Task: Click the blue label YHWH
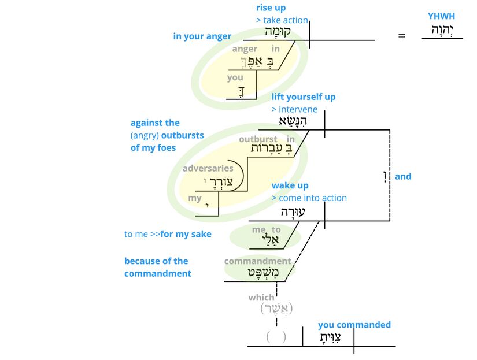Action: [x=441, y=16]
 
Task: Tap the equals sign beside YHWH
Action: [x=402, y=36]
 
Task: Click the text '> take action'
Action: [x=282, y=20]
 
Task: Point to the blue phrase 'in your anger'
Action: [x=202, y=36]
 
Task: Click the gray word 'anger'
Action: [x=245, y=49]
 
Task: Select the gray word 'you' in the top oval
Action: [x=235, y=77]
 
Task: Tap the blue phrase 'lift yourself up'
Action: [x=304, y=97]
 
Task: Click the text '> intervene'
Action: [x=294, y=109]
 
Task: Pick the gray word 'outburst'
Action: [x=258, y=139]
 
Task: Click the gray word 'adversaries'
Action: [x=208, y=169]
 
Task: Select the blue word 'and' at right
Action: [x=403, y=176]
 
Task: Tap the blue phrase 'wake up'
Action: [x=290, y=185]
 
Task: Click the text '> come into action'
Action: [x=309, y=198]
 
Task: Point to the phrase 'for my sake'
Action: [x=186, y=234]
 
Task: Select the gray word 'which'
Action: [x=261, y=298]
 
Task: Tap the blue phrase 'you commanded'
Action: [x=354, y=325]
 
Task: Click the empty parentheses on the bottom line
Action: [x=276, y=336]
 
